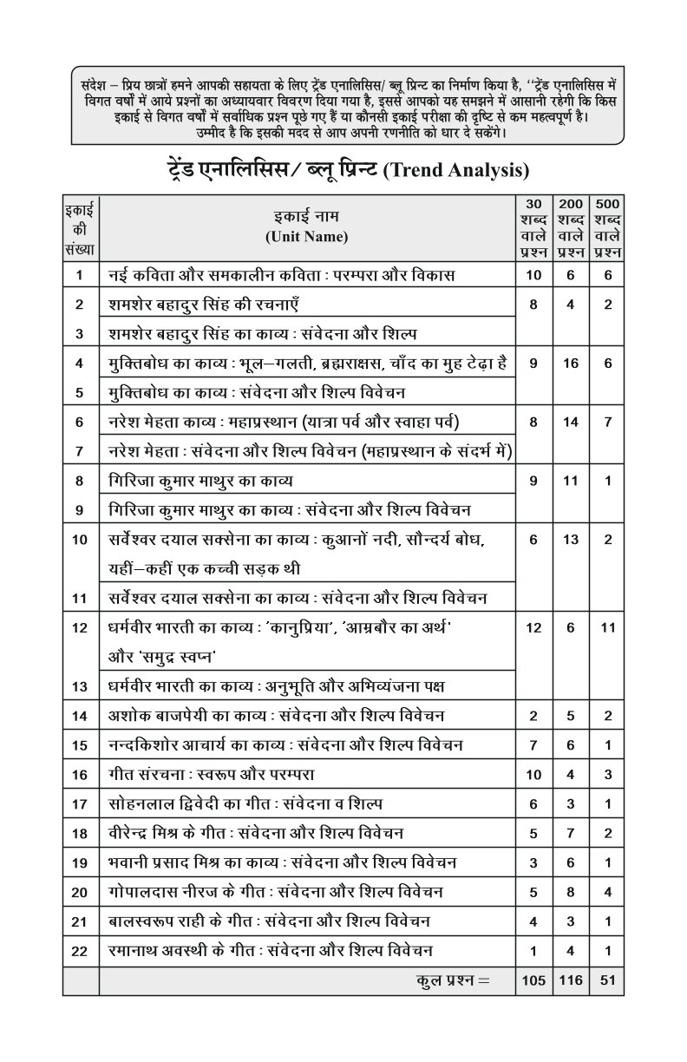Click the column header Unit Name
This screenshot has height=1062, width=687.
point(306,236)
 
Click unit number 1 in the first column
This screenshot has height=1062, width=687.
point(81,276)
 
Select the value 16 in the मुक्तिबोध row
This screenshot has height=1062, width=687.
point(570,364)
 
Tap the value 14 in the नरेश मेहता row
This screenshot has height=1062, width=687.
point(570,423)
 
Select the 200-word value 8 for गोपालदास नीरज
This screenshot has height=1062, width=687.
point(570,892)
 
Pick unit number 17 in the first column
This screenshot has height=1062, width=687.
point(81,804)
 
